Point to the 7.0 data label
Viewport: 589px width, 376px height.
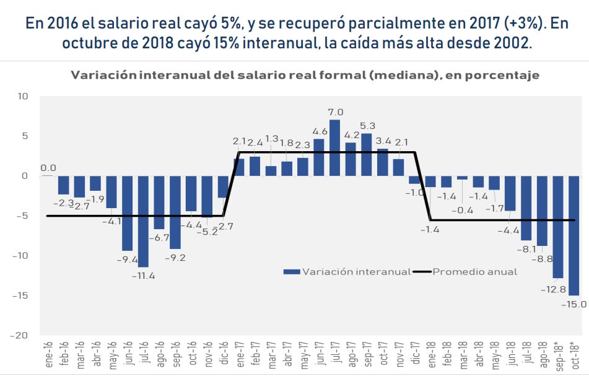coord(335,112)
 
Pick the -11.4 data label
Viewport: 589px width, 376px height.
coord(143,275)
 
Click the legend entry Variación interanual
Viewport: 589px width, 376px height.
coord(347,271)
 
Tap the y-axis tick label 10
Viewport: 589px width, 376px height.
coord(24,96)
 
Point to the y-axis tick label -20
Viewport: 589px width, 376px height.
coord(21,335)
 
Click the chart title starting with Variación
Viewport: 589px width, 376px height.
coord(305,76)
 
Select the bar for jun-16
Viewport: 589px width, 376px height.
coord(128,213)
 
